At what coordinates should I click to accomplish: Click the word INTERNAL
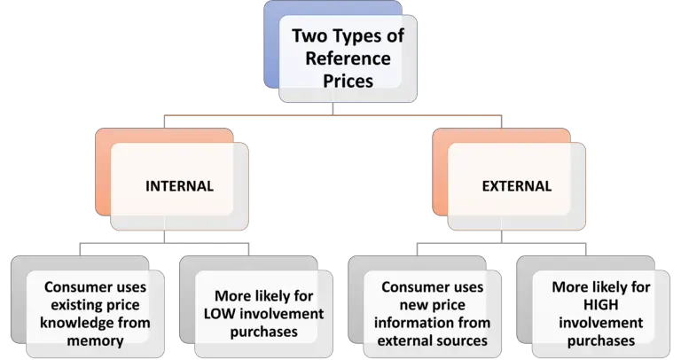point(179,186)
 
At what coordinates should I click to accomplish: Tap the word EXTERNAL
point(517,186)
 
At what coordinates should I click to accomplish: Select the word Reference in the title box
point(348,59)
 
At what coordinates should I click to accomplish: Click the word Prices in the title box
point(348,82)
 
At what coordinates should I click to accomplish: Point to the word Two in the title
point(309,36)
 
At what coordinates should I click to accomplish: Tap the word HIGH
point(600,305)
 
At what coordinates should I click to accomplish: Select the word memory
point(95,340)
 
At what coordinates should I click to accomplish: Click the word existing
point(72,305)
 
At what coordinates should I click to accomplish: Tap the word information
point(404,323)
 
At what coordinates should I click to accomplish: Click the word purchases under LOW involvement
point(264,333)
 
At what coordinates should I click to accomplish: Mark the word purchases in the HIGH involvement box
point(601,341)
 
